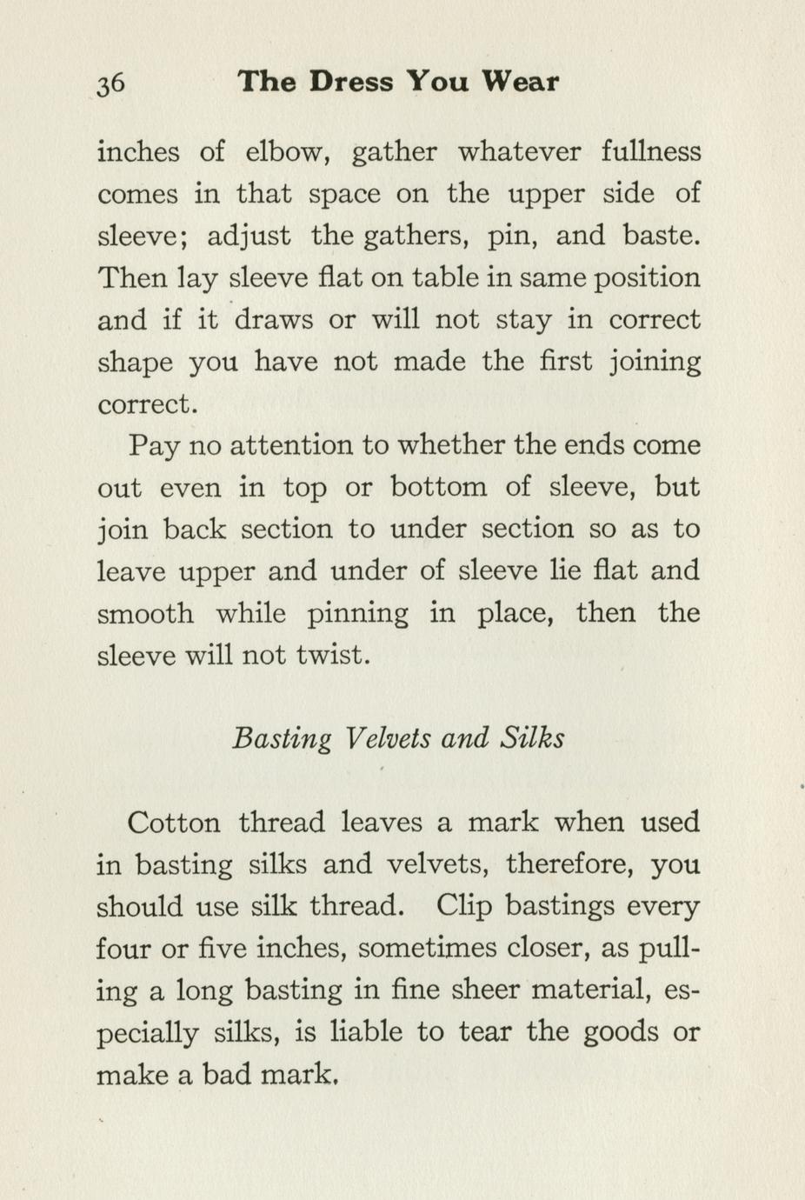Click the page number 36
110,83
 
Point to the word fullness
651,152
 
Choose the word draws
274,320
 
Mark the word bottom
438,487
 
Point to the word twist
333,655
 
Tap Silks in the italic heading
532,737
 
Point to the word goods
620,1034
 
